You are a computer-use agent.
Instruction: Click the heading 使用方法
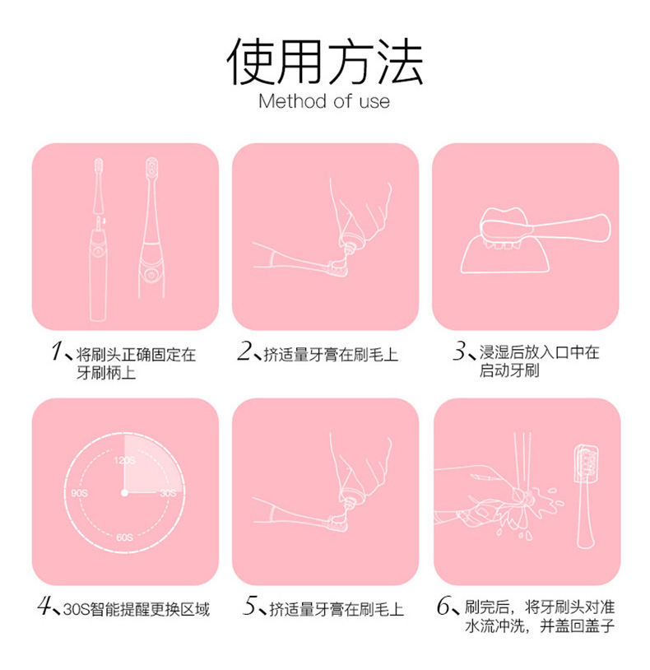point(325,61)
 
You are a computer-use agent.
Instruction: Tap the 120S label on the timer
point(125,460)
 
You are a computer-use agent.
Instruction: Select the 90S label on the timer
point(80,493)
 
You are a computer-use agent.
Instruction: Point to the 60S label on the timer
point(125,537)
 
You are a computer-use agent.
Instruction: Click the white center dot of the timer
point(124,493)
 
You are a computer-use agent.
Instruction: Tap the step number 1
point(57,351)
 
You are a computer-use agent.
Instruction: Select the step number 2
point(244,351)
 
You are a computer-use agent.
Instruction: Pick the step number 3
point(460,351)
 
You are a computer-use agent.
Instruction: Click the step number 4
point(44,606)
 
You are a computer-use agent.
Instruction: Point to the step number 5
point(250,606)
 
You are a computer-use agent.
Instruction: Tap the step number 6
point(443,606)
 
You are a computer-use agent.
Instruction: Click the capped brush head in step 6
point(586,496)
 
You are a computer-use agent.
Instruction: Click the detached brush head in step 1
point(98,185)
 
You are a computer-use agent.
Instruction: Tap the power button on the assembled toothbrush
point(151,274)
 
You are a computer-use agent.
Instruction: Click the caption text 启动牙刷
point(509,370)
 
